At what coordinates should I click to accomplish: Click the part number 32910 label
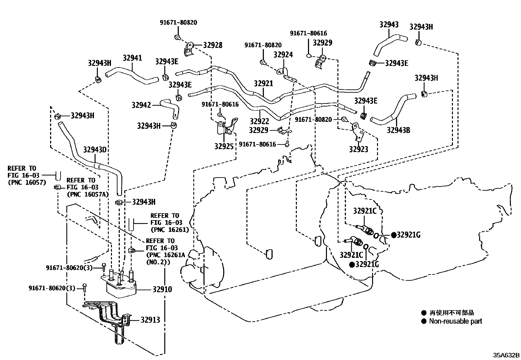[x=162, y=290]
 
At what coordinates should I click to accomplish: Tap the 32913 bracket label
[x=150, y=320]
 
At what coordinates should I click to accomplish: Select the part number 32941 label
[x=132, y=58]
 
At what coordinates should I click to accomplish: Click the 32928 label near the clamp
[x=212, y=45]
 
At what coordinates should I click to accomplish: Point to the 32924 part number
[x=283, y=55]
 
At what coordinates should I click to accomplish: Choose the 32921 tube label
[x=263, y=84]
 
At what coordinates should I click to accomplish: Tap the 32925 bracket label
[x=224, y=146]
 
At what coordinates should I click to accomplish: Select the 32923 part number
[x=358, y=149]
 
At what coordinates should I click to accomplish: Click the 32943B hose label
[x=398, y=130]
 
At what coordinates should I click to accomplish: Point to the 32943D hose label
[x=95, y=150]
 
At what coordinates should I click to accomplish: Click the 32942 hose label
[x=141, y=105]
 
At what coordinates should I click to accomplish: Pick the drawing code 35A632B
[x=507, y=355]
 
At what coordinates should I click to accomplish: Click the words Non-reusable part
[x=456, y=321]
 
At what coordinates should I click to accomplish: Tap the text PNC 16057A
[x=83, y=194]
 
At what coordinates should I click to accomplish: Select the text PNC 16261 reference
[x=170, y=230]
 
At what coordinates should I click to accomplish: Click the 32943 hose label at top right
[x=389, y=25]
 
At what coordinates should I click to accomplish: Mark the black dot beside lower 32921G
[x=352, y=265]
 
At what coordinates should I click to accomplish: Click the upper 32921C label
[x=365, y=211]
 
